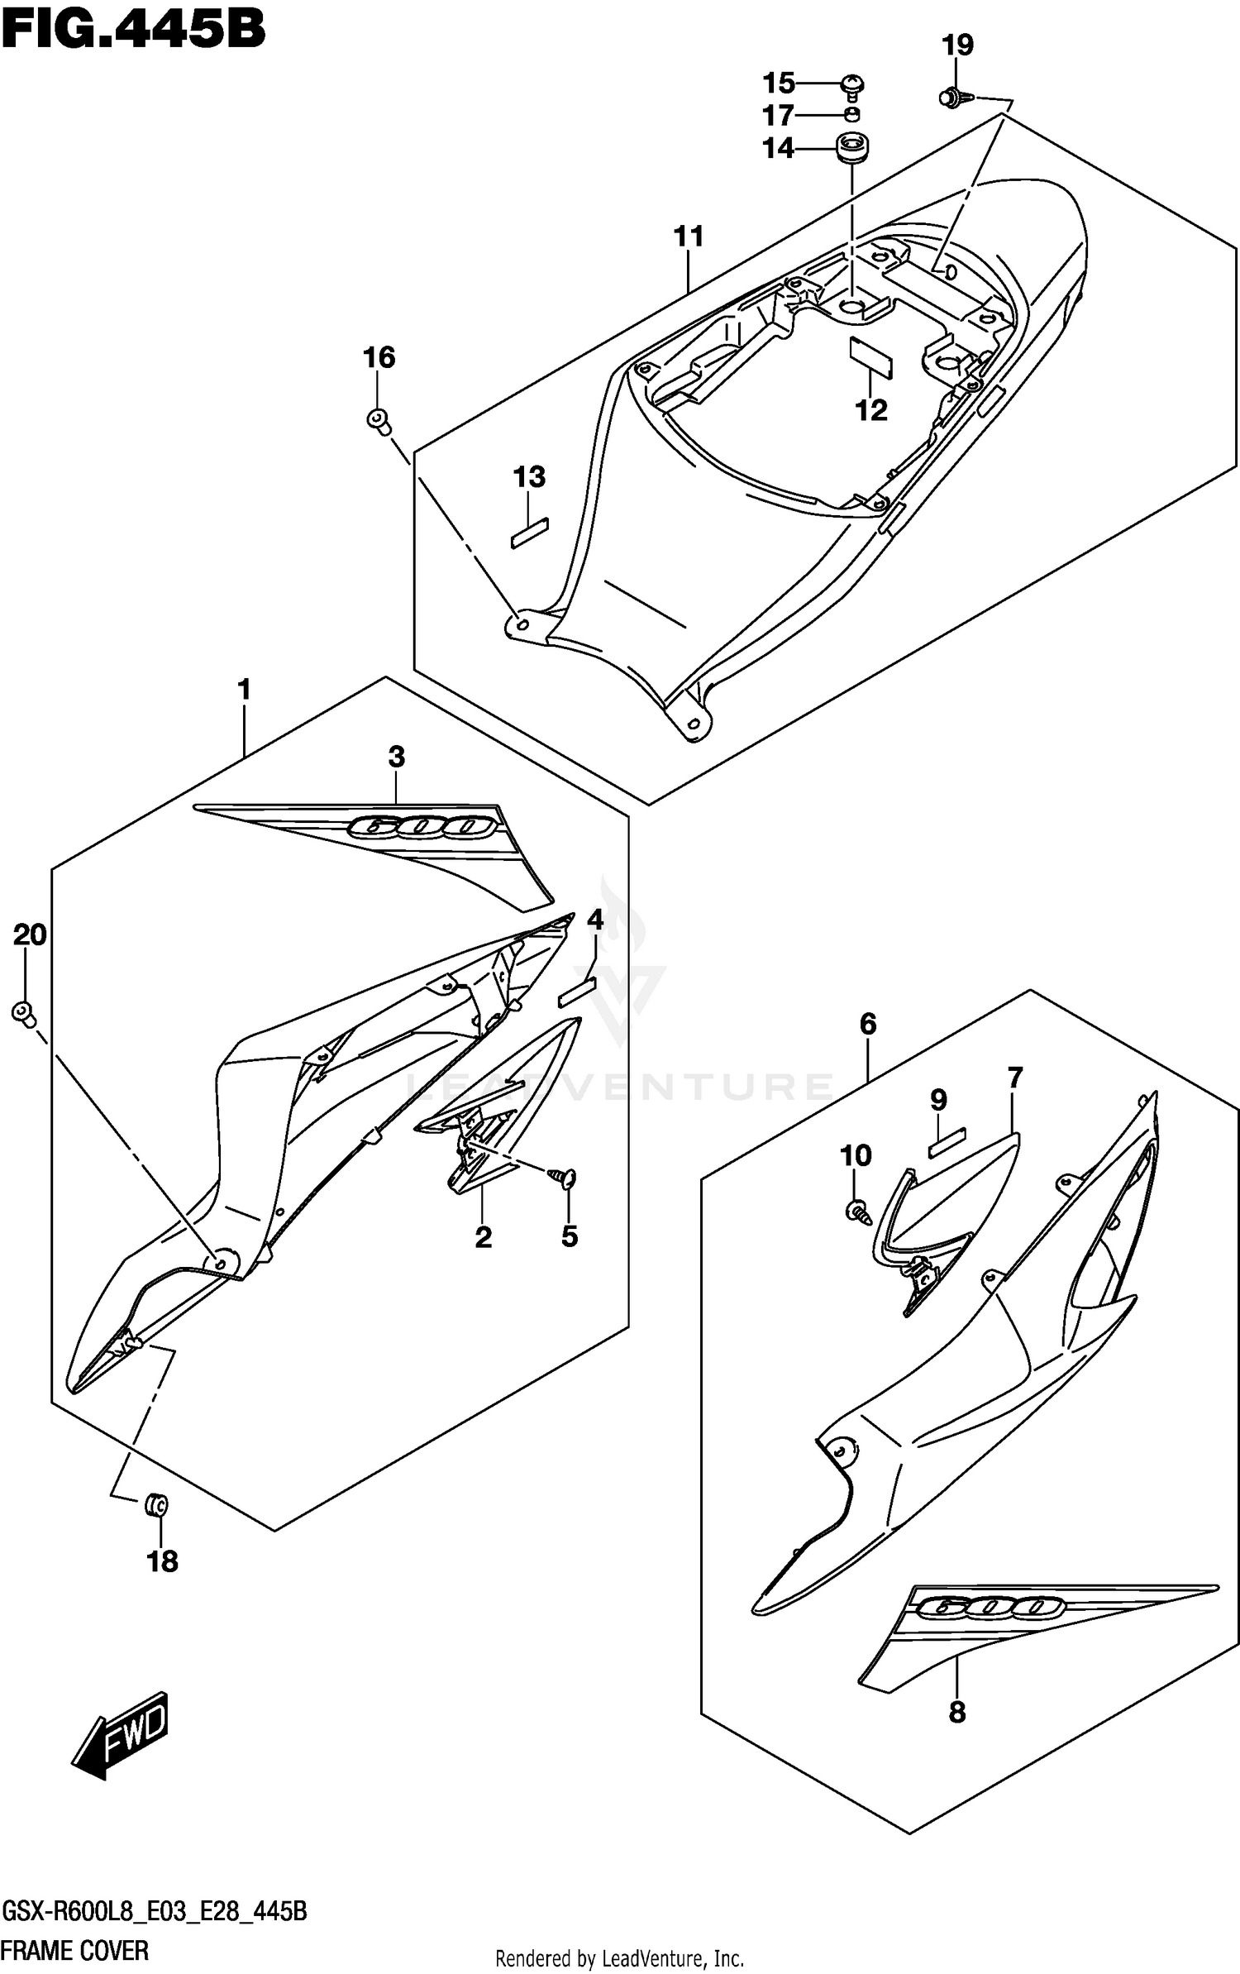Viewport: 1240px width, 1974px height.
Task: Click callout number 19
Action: point(958,45)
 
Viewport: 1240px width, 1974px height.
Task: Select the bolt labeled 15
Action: point(852,84)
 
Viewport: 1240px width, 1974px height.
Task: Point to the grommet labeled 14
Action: point(851,149)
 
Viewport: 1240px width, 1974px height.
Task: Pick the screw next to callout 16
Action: point(379,420)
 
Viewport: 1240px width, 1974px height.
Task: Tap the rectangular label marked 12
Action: point(871,356)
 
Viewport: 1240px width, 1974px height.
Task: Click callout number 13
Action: point(529,477)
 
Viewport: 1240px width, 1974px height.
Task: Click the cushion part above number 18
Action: point(155,1505)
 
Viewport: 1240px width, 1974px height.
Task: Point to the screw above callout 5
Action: point(567,1178)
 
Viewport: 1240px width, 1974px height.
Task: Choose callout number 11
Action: point(688,237)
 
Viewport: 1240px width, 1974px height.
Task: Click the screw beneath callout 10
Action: point(857,1212)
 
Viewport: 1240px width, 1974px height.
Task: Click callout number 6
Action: point(867,1025)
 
